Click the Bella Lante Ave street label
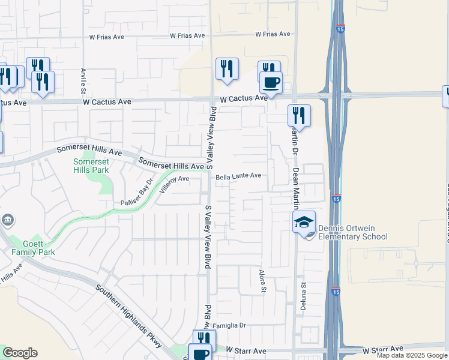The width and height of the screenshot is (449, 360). point(239,176)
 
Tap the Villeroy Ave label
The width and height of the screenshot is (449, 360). point(175,179)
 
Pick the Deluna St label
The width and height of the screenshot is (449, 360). point(304,296)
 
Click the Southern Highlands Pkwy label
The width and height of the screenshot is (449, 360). point(128,316)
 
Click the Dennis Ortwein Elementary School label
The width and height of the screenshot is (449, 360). point(352,232)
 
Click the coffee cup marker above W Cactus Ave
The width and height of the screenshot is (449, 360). point(271,82)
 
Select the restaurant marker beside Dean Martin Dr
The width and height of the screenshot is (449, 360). point(298,115)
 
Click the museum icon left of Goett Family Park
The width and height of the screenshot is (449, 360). point(7,220)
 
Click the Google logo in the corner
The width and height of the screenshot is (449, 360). point(20,353)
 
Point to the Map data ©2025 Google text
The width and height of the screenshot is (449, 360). point(412,355)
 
